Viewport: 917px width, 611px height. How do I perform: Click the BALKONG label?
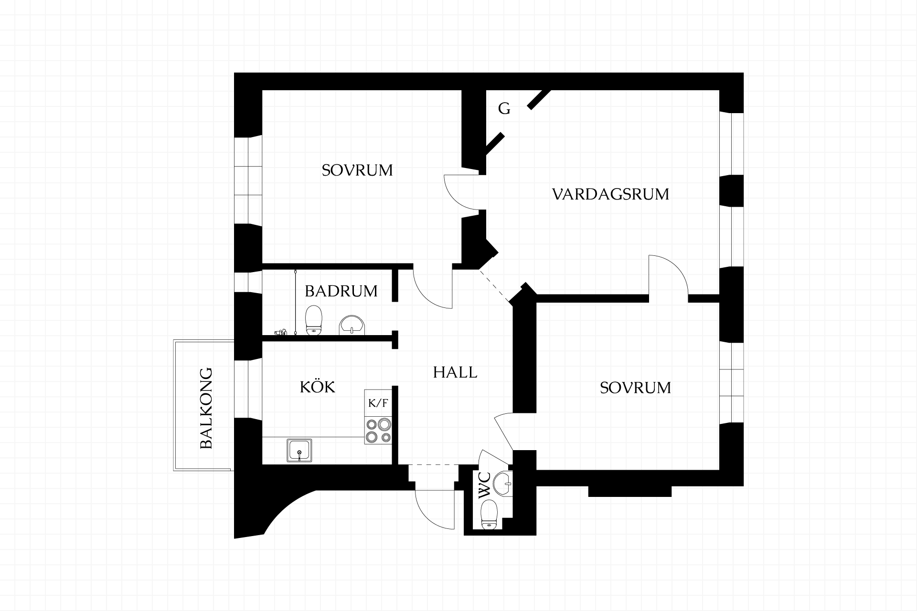coord(206,408)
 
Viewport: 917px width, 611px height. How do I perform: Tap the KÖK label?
coord(318,386)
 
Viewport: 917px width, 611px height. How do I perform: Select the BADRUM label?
coord(341,291)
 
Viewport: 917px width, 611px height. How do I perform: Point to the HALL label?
coord(455,372)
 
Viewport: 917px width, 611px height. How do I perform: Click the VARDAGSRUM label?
coord(610,194)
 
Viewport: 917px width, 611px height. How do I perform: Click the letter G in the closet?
coord(504,109)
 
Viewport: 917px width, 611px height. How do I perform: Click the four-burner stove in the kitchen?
coord(378,431)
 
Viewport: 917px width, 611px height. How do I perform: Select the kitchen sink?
coord(299,451)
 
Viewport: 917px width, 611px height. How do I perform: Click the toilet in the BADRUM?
coord(314,320)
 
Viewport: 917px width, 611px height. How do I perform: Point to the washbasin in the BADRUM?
coord(352,326)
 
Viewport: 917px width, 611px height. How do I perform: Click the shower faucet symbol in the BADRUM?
coord(281,331)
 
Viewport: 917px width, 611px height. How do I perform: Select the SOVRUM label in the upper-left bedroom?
coord(357,170)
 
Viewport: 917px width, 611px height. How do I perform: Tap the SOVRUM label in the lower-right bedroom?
coord(635,388)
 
